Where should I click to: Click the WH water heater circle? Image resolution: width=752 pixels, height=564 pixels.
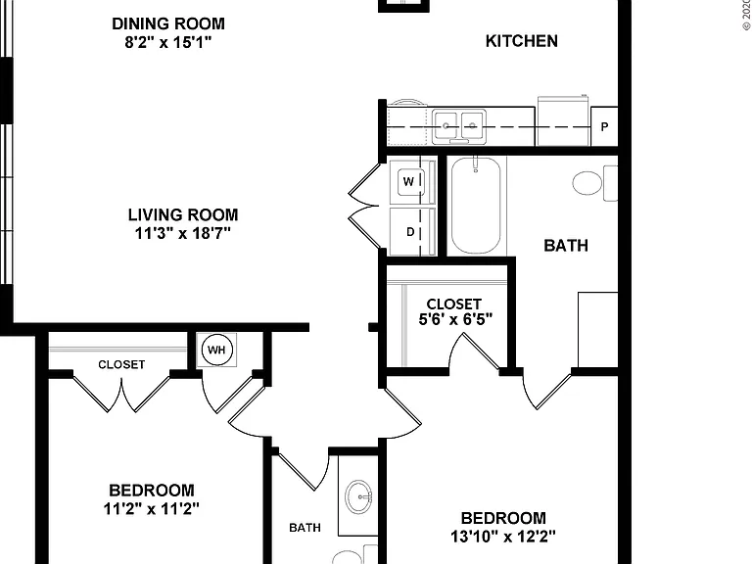pyautogui.click(x=216, y=350)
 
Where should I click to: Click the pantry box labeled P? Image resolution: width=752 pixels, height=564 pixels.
pyautogui.click(x=604, y=126)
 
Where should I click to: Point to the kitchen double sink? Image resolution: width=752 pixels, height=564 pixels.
pyautogui.click(x=459, y=126)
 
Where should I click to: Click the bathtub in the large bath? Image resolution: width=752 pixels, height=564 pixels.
pyautogui.click(x=476, y=206)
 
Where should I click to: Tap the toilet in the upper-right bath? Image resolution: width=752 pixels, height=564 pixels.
pyautogui.click(x=594, y=183)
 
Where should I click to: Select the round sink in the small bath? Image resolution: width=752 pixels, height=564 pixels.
pyautogui.click(x=358, y=496)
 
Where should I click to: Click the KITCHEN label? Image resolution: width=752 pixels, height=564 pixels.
pyautogui.click(x=521, y=41)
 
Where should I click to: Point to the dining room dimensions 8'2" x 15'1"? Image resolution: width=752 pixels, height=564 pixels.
pyautogui.click(x=167, y=43)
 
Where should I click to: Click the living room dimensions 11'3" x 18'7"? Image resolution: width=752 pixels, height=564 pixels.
pyautogui.click(x=183, y=234)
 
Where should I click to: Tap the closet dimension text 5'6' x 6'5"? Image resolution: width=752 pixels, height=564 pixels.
pyautogui.click(x=455, y=319)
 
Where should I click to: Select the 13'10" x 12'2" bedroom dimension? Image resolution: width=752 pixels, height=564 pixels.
pyautogui.click(x=503, y=536)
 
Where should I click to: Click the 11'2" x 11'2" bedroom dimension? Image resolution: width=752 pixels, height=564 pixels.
pyautogui.click(x=151, y=508)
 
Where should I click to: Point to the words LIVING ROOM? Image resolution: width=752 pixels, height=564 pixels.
pyautogui.click(x=183, y=214)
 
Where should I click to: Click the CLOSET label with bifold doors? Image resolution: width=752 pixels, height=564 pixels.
pyautogui.click(x=121, y=365)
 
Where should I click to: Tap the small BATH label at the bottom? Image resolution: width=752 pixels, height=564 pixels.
pyautogui.click(x=305, y=528)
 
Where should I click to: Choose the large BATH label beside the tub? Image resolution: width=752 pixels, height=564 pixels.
pyautogui.click(x=566, y=246)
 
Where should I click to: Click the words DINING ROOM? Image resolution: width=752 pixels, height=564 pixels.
pyautogui.click(x=167, y=23)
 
